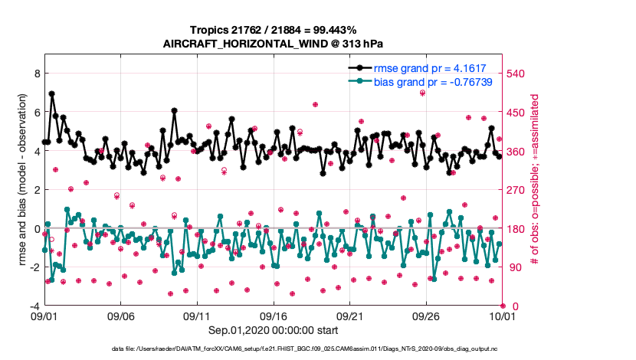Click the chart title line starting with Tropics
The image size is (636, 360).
coord(273,30)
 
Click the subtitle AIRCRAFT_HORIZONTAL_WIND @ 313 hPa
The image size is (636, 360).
coord(273,44)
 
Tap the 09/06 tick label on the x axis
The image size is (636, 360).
coord(120,316)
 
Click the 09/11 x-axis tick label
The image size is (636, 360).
coord(197,316)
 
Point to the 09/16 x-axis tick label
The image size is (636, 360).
coord(273,316)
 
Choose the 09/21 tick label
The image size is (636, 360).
coord(349,316)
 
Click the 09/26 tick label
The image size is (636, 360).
coord(425,316)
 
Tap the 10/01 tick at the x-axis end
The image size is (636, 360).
coord(501,316)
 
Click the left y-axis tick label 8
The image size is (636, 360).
coord(36,74)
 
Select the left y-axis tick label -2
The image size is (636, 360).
coord(34,267)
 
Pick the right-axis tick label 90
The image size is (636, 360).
coord(513,267)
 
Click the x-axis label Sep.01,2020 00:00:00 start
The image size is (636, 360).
coord(273,330)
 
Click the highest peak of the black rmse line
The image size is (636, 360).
coord(51,93)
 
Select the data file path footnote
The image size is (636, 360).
coord(317,349)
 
